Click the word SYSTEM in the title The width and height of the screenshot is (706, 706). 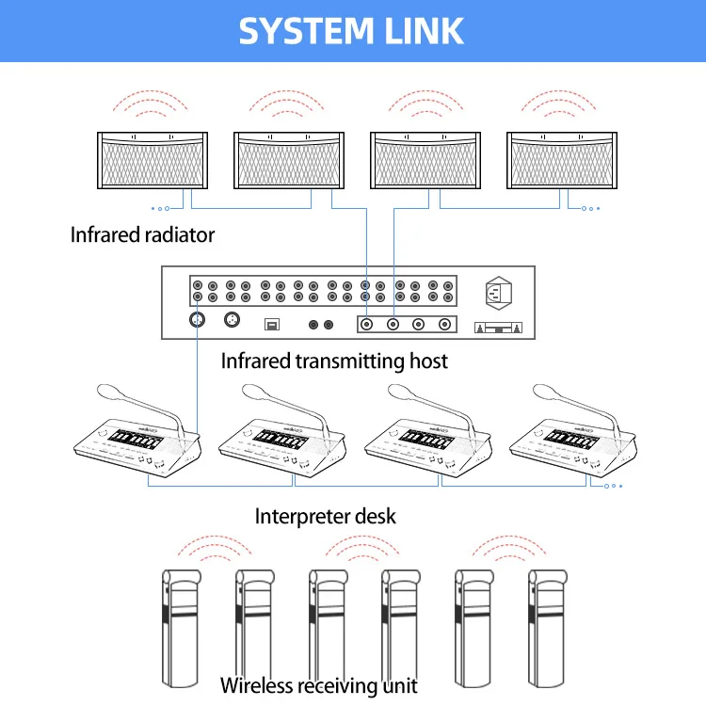[306, 31]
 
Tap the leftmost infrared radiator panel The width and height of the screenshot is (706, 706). [152, 160]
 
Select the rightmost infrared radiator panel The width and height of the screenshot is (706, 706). [562, 160]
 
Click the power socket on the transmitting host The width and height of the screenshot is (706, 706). [498, 293]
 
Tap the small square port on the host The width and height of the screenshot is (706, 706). [271, 324]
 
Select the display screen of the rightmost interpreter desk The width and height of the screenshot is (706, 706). [571, 438]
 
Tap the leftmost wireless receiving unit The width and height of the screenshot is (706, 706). [181, 628]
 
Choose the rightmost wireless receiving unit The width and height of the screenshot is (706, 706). [547, 628]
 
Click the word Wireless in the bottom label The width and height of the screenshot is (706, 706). [256, 685]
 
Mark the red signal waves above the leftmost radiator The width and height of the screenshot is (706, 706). [150, 104]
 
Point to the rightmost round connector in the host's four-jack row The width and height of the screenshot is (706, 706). [444, 324]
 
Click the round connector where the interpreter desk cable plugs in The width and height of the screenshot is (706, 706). [197, 320]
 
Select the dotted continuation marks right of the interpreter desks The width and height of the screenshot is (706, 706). [613, 486]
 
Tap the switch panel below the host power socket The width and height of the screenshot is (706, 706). [498, 328]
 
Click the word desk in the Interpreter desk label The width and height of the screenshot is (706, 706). [376, 517]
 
